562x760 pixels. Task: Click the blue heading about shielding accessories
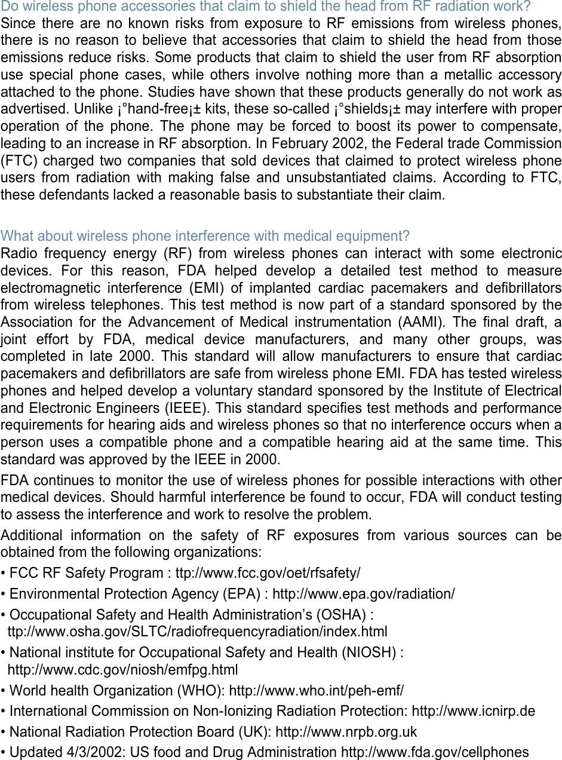pyautogui.click(x=266, y=7)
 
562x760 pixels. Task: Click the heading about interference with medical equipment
pyautogui.click(x=205, y=236)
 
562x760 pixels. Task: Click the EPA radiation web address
pyautogui.click(x=363, y=594)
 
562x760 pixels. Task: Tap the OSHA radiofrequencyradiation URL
pyautogui.click(x=197, y=632)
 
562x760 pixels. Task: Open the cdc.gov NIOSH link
pyautogui.click(x=122, y=670)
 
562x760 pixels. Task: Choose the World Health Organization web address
pyautogui.click(x=317, y=691)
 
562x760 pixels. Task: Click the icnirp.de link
pyautogui.click(x=474, y=711)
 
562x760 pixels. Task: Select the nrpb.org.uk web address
pyautogui.click(x=346, y=732)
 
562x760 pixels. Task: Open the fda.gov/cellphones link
pyautogui.click(x=434, y=752)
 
